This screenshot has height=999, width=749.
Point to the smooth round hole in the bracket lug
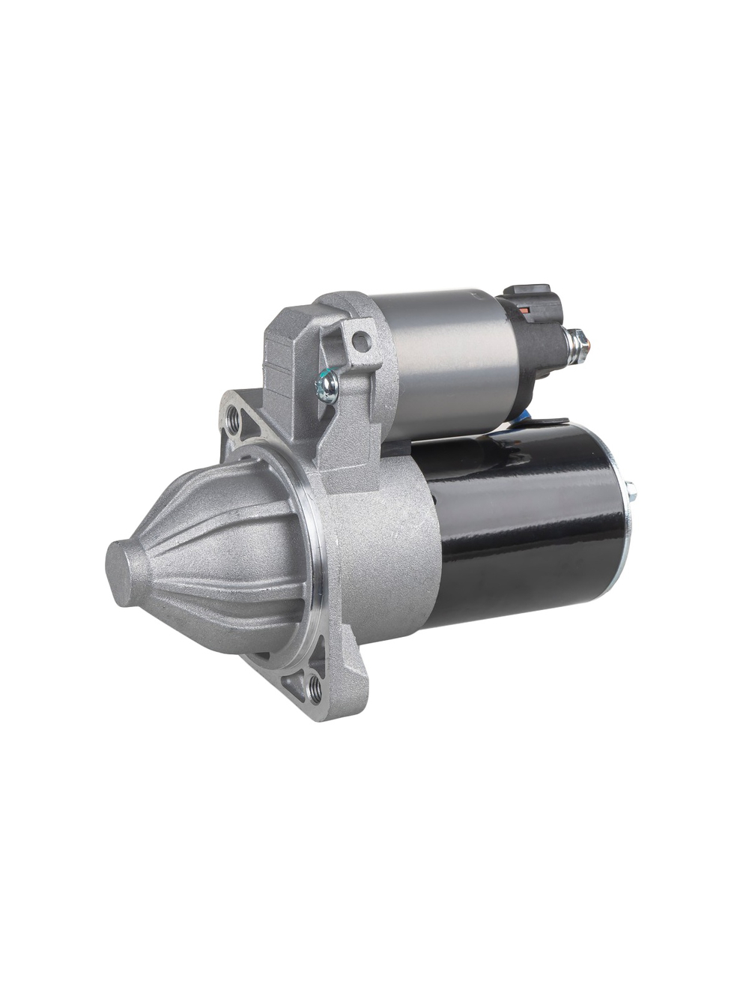(362, 342)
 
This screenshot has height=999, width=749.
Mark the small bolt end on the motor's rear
(631, 493)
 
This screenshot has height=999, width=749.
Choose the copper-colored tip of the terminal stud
(587, 345)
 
